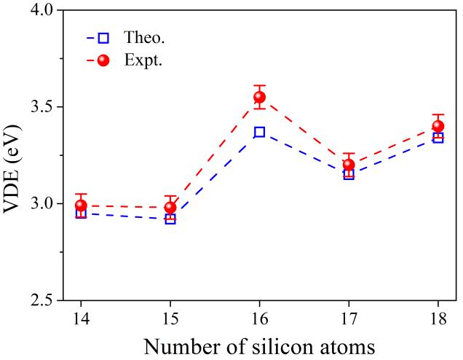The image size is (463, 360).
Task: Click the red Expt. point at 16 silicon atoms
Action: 259,97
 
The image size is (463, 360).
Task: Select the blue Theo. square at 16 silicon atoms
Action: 259,132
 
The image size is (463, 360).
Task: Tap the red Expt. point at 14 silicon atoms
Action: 81,206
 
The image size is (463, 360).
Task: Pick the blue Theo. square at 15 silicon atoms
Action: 170,219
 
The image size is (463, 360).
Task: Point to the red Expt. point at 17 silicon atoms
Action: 349,165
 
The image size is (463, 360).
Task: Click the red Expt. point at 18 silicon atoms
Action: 438,126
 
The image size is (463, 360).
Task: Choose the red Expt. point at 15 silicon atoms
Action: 170,207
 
